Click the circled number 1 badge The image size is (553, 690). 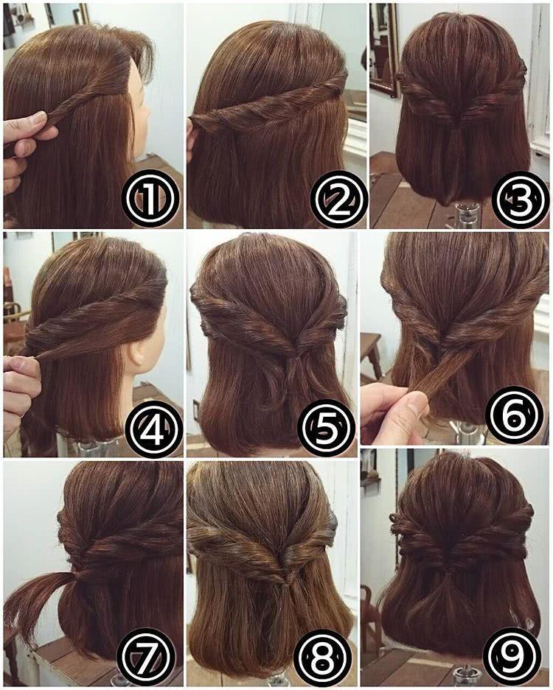[150, 200]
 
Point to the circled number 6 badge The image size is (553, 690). [514, 415]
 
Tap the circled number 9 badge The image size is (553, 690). [512, 655]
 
